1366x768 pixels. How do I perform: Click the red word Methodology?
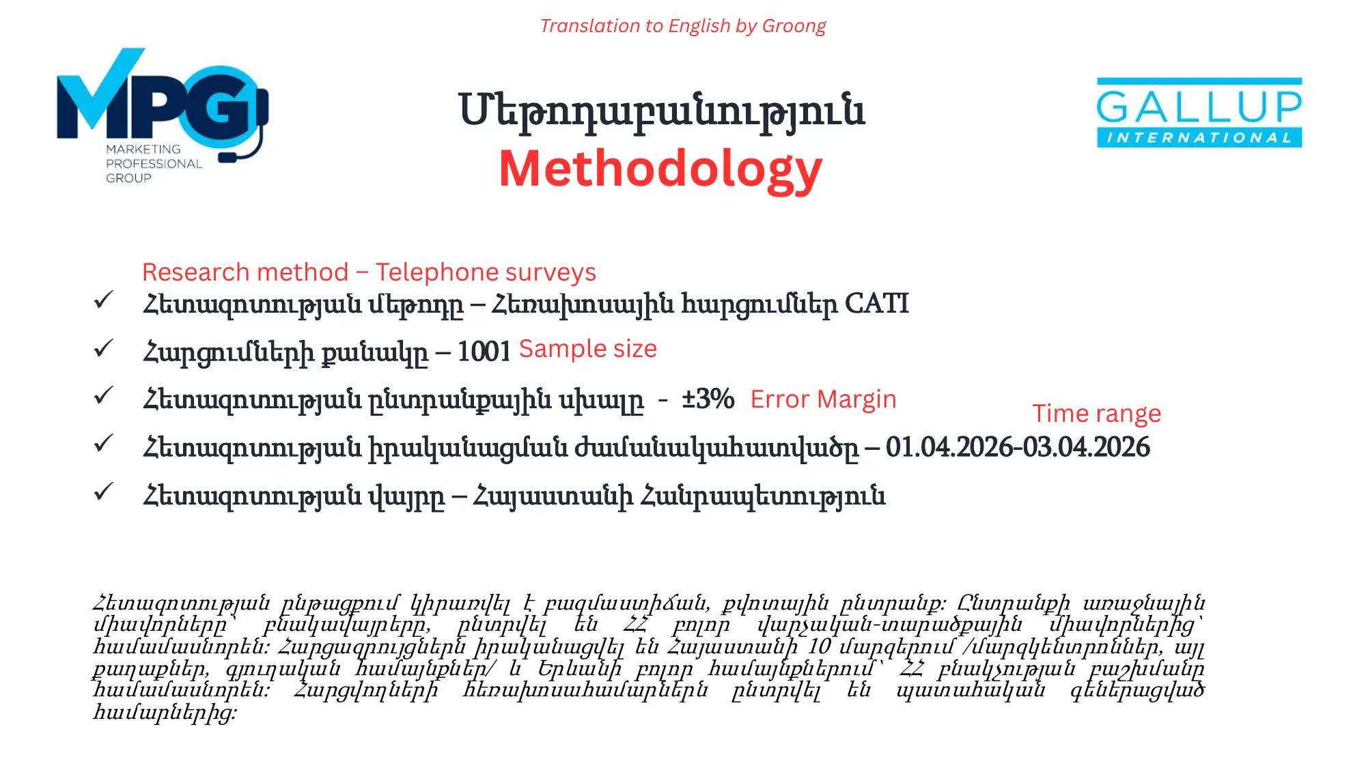[660, 169]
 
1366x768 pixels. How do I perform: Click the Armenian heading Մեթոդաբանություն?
[661, 111]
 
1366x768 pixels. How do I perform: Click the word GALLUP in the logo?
[1199, 107]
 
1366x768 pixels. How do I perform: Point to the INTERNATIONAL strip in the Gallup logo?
[1199, 138]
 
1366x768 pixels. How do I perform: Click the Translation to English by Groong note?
[682, 26]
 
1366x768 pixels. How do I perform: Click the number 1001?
[484, 352]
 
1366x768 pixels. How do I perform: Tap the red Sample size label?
[587, 349]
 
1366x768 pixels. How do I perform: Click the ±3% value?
[708, 399]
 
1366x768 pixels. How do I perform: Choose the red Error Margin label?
[822, 399]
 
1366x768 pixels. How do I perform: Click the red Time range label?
[1096, 414]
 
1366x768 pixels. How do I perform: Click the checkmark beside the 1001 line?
[103, 348]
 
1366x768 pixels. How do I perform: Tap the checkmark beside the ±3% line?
[103, 395]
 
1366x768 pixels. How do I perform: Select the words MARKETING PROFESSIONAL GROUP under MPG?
[153, 164]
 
